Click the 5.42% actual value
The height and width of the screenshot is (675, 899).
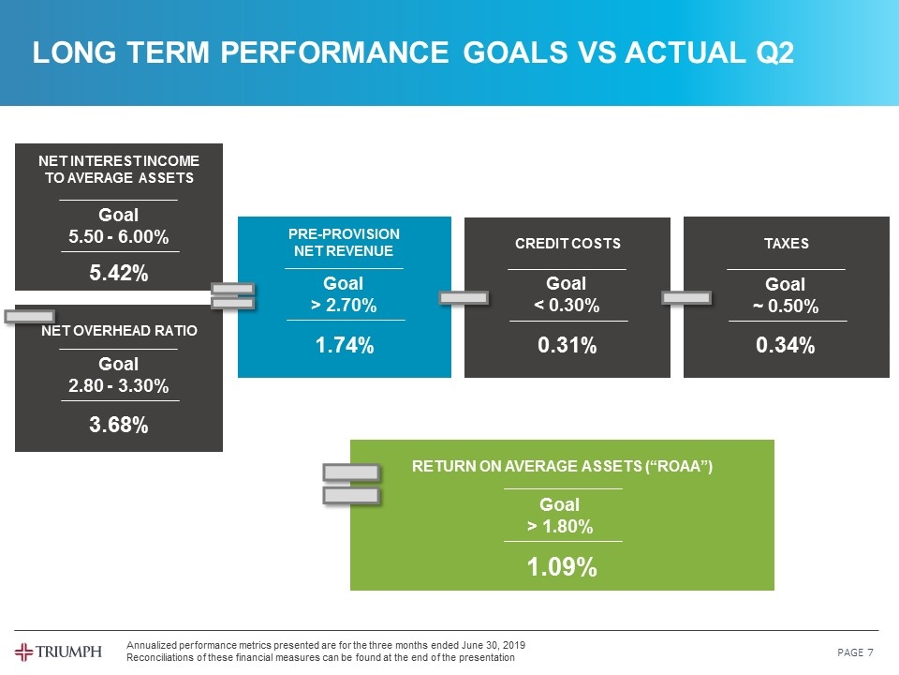pyautogui.click(x=119, y=273)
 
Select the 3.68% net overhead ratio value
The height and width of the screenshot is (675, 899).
pyautogui.click(x=119, y=426)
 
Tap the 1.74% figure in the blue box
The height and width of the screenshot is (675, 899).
pyautogui.click(x=345, y=346)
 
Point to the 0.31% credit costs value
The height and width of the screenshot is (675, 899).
pyautogui.click(x=567, y=346)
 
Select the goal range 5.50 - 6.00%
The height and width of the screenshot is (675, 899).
pyautogui.click(x=119, y=238)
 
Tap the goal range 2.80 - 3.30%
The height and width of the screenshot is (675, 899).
pyautogui.click(x=119, y=386)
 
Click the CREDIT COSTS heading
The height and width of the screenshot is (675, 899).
pyautogui.click(x=567, y=244)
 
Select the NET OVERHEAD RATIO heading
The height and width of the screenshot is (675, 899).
pyautogui.click(x=119, y=330)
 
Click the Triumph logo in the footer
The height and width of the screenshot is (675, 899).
pyautogui.click(x=58, y=652)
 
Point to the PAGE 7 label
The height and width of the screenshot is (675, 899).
pyautogui.click(x=856, y=652)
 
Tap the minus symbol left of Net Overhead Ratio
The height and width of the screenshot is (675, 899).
pyautogui.click(x=29, y=316)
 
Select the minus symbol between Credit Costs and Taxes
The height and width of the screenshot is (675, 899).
pyautogui.click(x=686, y=297)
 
